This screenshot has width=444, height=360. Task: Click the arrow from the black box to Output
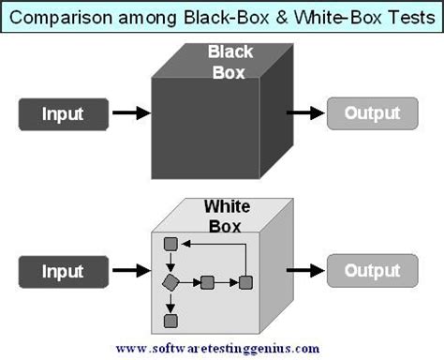tap(302, 114)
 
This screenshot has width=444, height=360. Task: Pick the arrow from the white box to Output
tap(302, 272)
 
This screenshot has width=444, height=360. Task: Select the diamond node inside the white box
tap(170, 281)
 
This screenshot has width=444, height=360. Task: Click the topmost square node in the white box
tap(170, 245)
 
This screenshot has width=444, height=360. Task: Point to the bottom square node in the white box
tap(170, 321)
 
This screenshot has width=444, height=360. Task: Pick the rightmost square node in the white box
tap(246, 281)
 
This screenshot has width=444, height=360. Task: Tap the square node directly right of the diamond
tap(208, 281)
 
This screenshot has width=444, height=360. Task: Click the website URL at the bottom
tap(217, 348)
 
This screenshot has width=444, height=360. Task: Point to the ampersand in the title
tap(267, 17)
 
